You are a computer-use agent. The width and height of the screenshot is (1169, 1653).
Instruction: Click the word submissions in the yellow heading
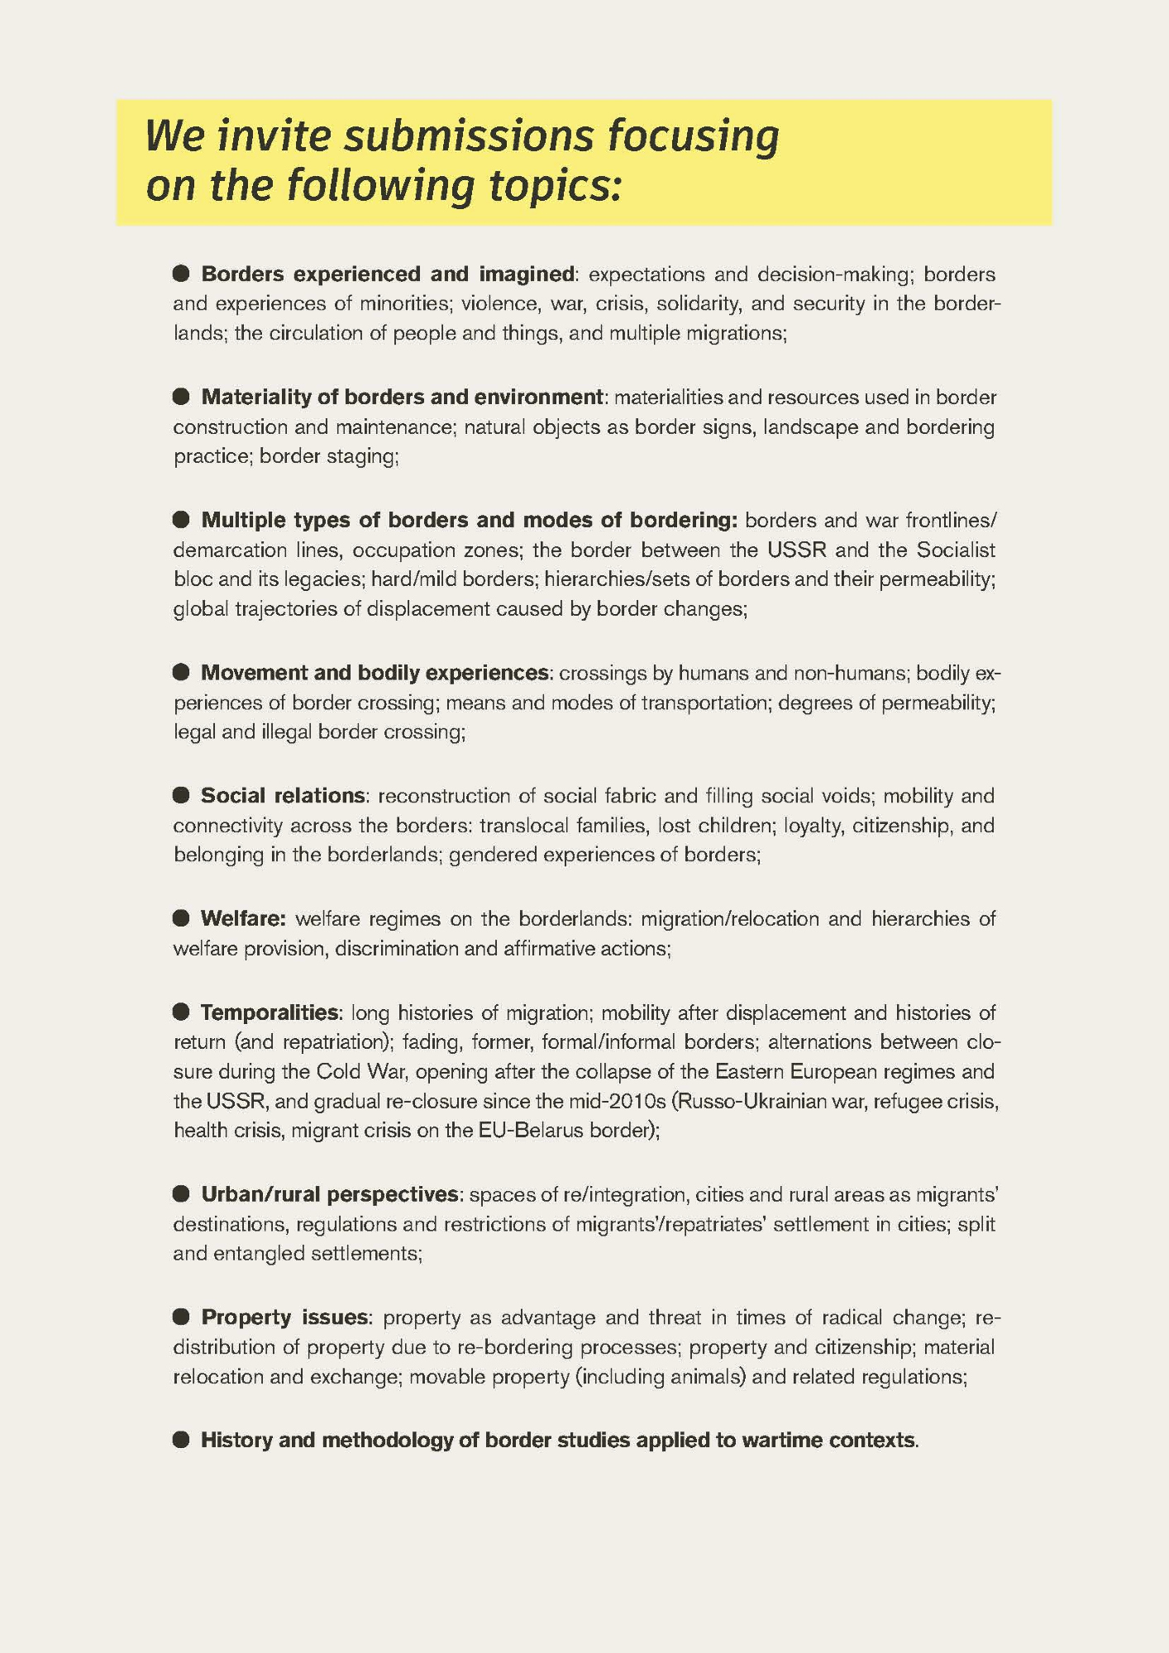click(468, 136)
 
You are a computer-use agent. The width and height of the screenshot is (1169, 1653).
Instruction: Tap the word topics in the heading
click(552, 186)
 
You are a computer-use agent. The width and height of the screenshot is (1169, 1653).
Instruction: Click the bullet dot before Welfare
click(181, 918)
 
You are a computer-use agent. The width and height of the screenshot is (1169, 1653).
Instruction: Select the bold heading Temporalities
click(270, 1012)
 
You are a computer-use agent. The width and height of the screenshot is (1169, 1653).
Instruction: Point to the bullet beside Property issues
click(181, 1317)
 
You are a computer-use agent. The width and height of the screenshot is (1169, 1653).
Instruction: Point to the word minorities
click(402, 304)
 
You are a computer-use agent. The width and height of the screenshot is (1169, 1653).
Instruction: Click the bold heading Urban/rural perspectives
click(329, 1195)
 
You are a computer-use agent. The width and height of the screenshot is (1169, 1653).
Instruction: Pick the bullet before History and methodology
click(181, 1441)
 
